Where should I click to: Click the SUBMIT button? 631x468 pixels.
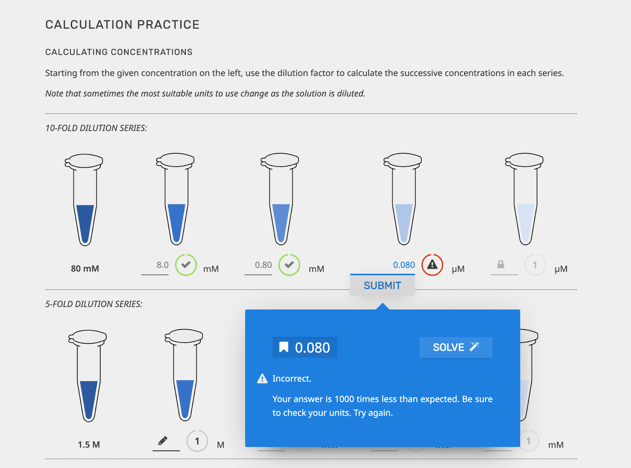382,285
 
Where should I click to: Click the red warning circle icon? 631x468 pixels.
432,265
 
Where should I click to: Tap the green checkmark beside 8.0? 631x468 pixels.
186,265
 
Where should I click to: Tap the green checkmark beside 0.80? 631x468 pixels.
289,265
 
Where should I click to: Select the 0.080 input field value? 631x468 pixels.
404,265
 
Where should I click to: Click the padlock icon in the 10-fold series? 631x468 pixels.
500,264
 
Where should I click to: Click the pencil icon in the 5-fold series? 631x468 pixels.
163,441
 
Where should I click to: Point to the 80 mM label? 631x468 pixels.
85,269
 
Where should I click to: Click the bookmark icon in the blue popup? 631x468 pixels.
284,347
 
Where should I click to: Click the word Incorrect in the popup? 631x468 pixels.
292,378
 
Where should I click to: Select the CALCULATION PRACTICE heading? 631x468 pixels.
122,25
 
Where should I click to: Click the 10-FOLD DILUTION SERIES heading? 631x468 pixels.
96,128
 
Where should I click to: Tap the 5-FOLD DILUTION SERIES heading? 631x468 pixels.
93,304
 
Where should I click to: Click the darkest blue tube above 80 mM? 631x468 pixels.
85,221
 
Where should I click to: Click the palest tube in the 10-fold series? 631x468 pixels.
525,221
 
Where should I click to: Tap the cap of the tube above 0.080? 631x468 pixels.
403,160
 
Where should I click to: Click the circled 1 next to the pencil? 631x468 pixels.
197,441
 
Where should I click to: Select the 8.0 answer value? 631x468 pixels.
162,265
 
